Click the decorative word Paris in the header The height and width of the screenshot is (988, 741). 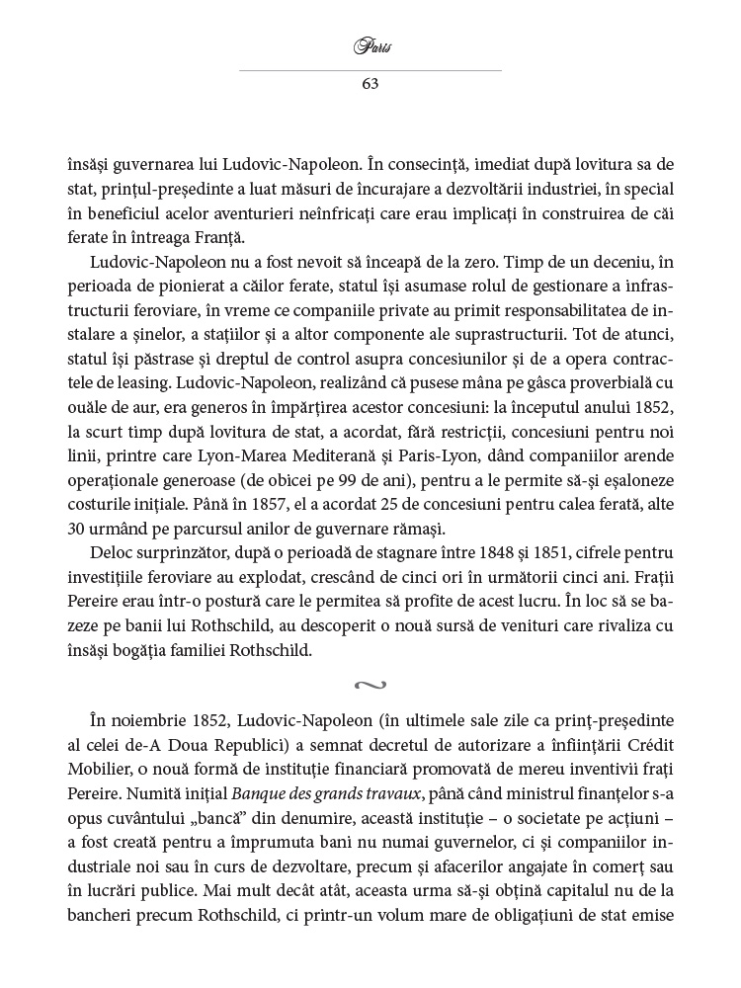tap(370, 46)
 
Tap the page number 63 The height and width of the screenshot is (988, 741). tap(370, 83)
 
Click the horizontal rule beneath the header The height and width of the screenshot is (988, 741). tap(370, 70)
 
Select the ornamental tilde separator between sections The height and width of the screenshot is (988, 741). tap(370, 683)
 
